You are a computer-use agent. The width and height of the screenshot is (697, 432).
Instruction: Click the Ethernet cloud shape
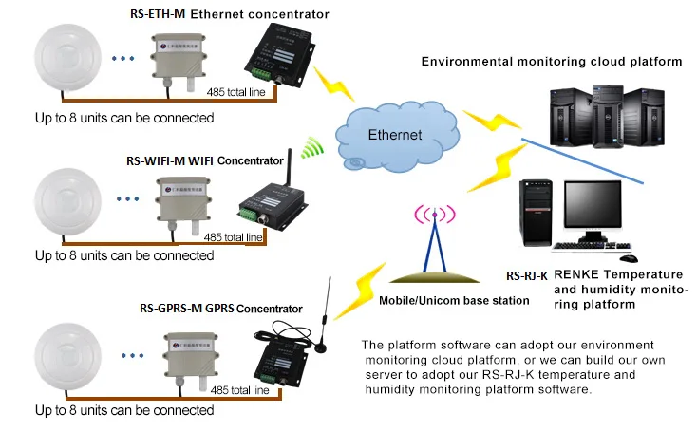394,134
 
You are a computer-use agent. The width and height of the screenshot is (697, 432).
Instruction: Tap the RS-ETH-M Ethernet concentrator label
229,14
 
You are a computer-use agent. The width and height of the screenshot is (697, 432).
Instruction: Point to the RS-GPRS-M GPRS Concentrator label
221,309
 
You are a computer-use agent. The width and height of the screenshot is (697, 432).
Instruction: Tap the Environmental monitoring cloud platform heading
552,62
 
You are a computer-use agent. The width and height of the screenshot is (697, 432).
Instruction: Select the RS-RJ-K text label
526,275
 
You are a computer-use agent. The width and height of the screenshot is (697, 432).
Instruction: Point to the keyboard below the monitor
583,248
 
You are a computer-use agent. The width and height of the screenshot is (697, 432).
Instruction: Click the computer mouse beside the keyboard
628,257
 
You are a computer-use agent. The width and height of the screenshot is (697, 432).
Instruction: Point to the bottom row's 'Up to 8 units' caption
124,410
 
